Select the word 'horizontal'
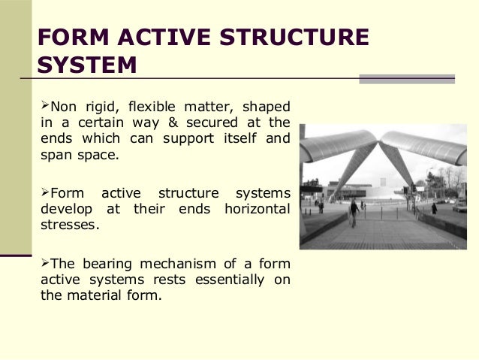pyautogui.click(x=257, y=208)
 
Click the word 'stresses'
pyautogui.click(x=68, y=224)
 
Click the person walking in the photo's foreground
pyautogui.click(x=354, y=213)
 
